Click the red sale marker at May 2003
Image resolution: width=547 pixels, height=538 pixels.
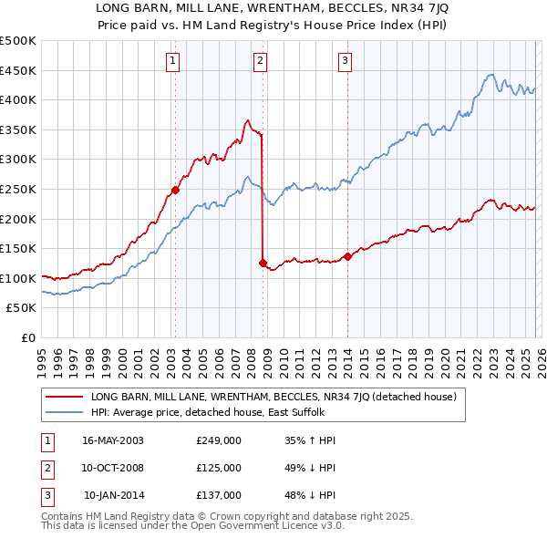(x=175, y=191)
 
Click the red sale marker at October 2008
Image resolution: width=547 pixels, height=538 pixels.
(x=263, y=264)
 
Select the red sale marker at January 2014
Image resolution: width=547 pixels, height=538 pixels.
(x=347, y=256)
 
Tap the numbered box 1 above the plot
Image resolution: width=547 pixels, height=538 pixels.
(x=173, y=61)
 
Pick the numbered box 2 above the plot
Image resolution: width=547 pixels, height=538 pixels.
(x=260, y=61)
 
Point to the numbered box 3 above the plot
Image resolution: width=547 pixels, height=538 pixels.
(x=346, y=61)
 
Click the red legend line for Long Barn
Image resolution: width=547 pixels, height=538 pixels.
(x=64, y=397)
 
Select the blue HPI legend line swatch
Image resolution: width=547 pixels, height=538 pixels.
(x=64, y=412)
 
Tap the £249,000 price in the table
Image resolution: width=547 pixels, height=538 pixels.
(x=218, y=440)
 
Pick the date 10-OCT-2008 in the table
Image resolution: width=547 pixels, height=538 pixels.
(x=112, y=468)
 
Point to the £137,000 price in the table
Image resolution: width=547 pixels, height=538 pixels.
(x=218, y=495)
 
